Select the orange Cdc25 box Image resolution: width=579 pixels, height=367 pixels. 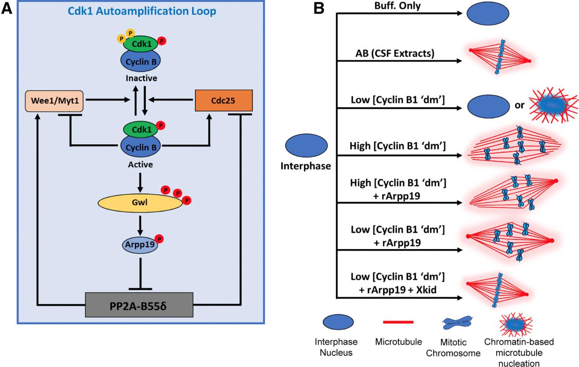click(224, 101)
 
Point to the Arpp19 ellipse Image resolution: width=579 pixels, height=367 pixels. click(138, 244)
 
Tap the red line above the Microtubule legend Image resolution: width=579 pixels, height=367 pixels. click(397, 320)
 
